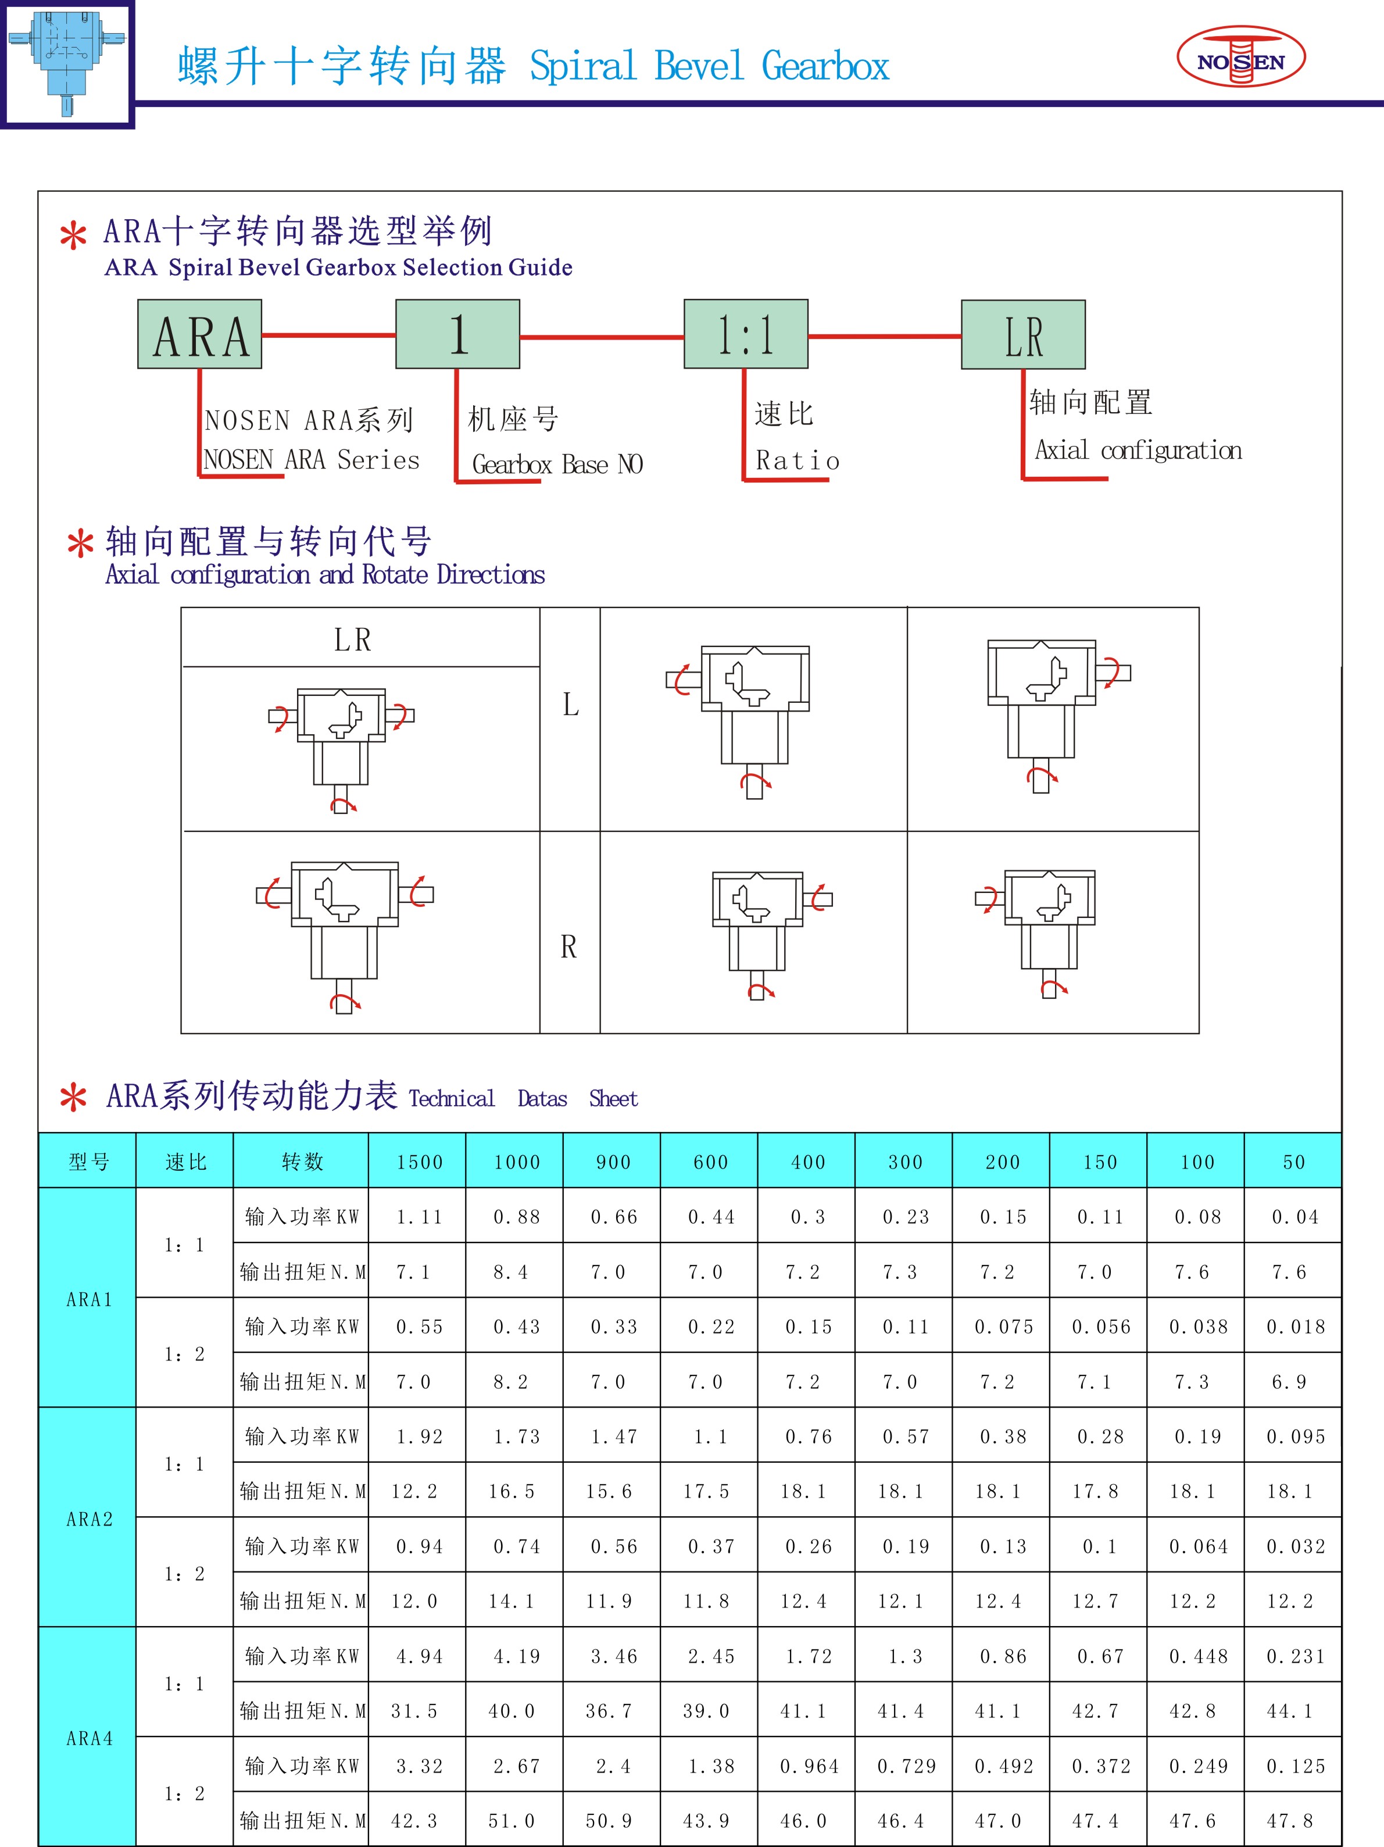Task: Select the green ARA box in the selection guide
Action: [199, 334]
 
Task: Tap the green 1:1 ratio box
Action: [745, 334]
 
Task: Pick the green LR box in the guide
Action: [1024, 335]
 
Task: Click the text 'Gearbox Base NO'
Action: [557, 465]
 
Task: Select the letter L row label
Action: [570, 705]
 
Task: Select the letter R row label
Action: [568, 947]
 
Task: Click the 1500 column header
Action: [420, 1162]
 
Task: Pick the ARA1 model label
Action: [90, 1299]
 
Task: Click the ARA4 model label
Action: [90, 1738]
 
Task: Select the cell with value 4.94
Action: [420, 1656]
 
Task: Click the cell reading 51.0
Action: [512, 1820]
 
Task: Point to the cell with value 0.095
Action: [1296, 1436]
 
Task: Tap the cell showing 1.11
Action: [420, 1217]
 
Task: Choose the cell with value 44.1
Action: [1290, 1711]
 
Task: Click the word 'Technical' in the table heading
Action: [452, 1099]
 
